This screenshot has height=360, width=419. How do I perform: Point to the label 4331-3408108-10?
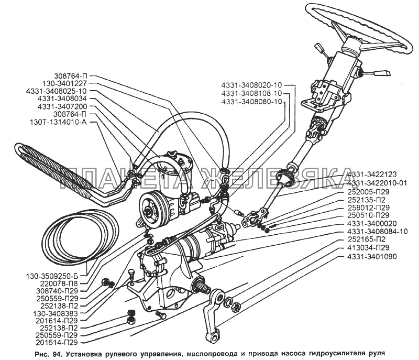[x=251, y=93]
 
